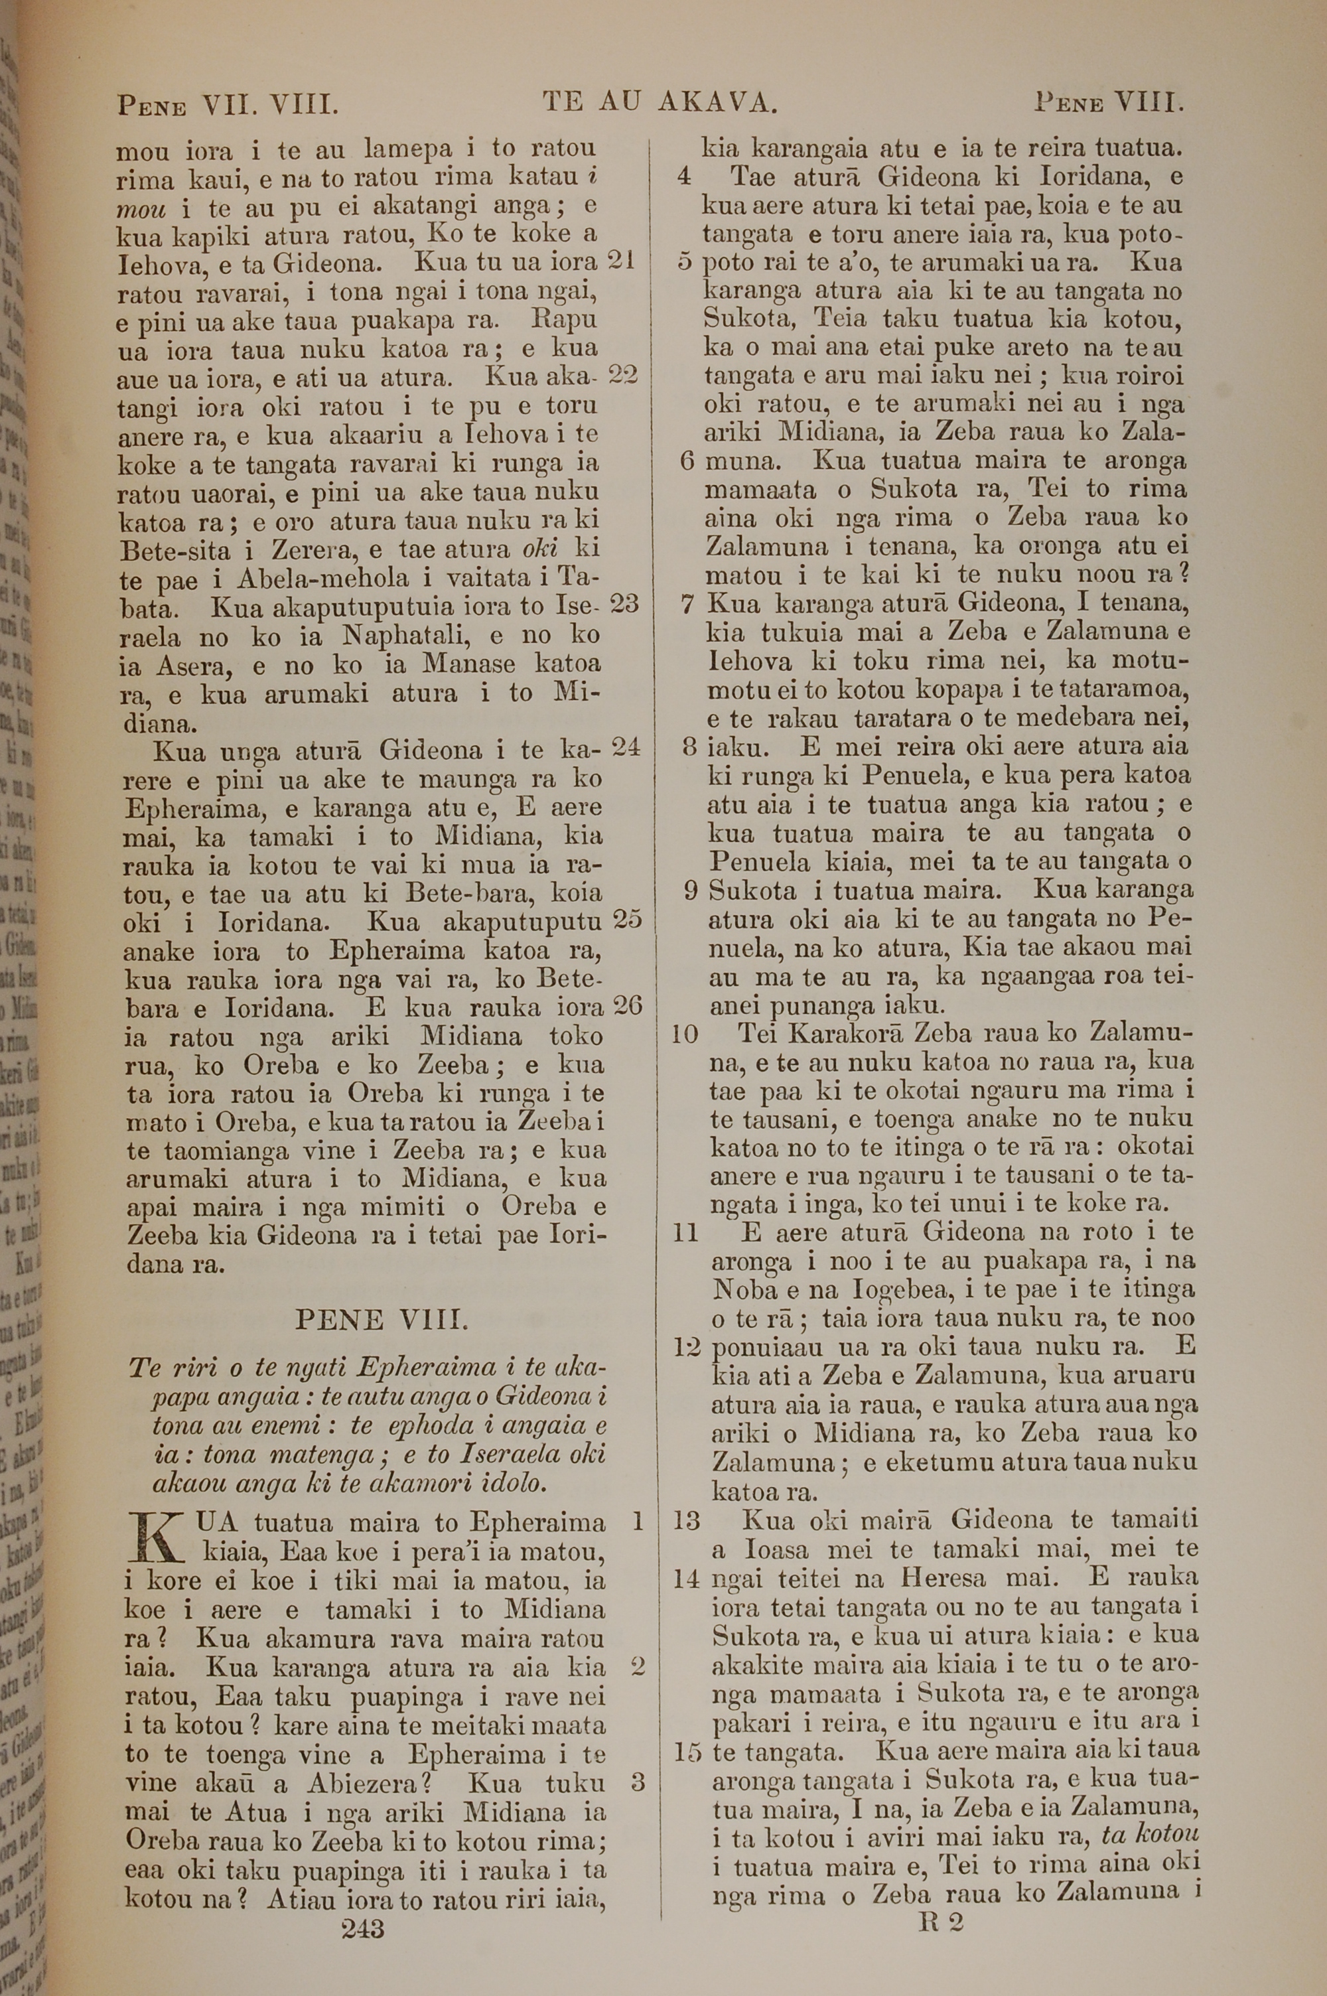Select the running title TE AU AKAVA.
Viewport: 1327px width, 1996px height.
660,104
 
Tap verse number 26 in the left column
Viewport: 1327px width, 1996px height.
626,1006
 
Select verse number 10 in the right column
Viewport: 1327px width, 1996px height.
685,1034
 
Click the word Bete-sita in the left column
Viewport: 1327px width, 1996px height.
175,551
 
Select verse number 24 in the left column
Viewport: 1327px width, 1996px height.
626,747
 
